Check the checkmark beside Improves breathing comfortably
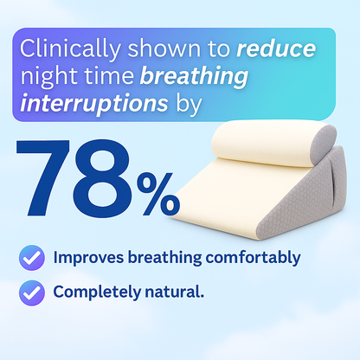coord(33,258)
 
